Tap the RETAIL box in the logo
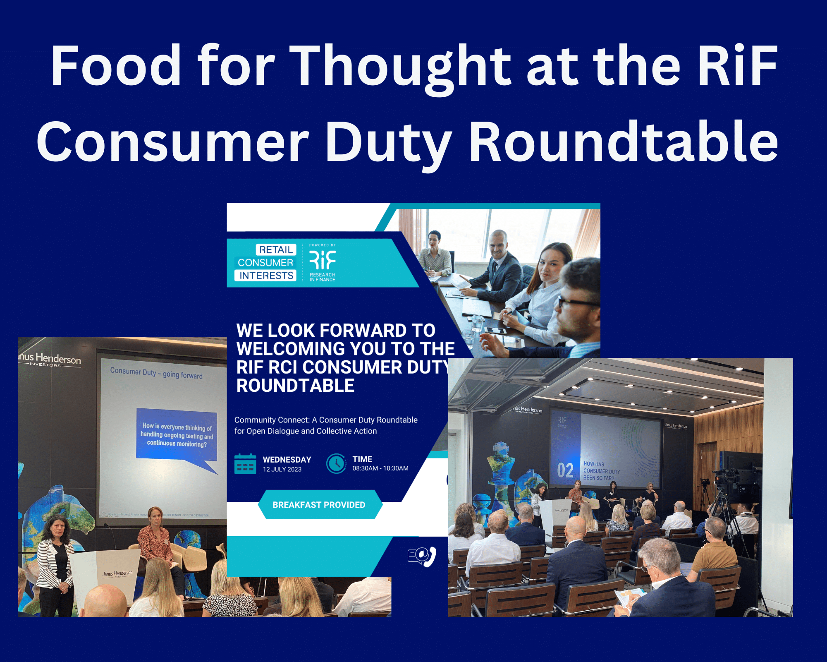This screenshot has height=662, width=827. [x=276, y=249]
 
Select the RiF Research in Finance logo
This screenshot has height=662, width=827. [x=323, y=263]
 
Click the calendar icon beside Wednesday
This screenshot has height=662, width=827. [x=245, y=464]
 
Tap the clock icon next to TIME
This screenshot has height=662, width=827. [x=336, y=464]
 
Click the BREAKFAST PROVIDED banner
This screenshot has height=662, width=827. [x=319, y=504]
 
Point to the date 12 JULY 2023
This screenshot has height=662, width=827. [x=282, y=470]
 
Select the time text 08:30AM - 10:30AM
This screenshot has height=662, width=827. [x=380, y=468]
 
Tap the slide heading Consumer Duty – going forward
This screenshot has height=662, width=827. [x=156, y=373]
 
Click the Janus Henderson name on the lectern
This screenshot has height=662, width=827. [x=117, y=573]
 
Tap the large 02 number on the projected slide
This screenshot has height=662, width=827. [x=565, y=471]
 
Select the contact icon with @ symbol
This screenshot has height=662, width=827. [x=422, y=556]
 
